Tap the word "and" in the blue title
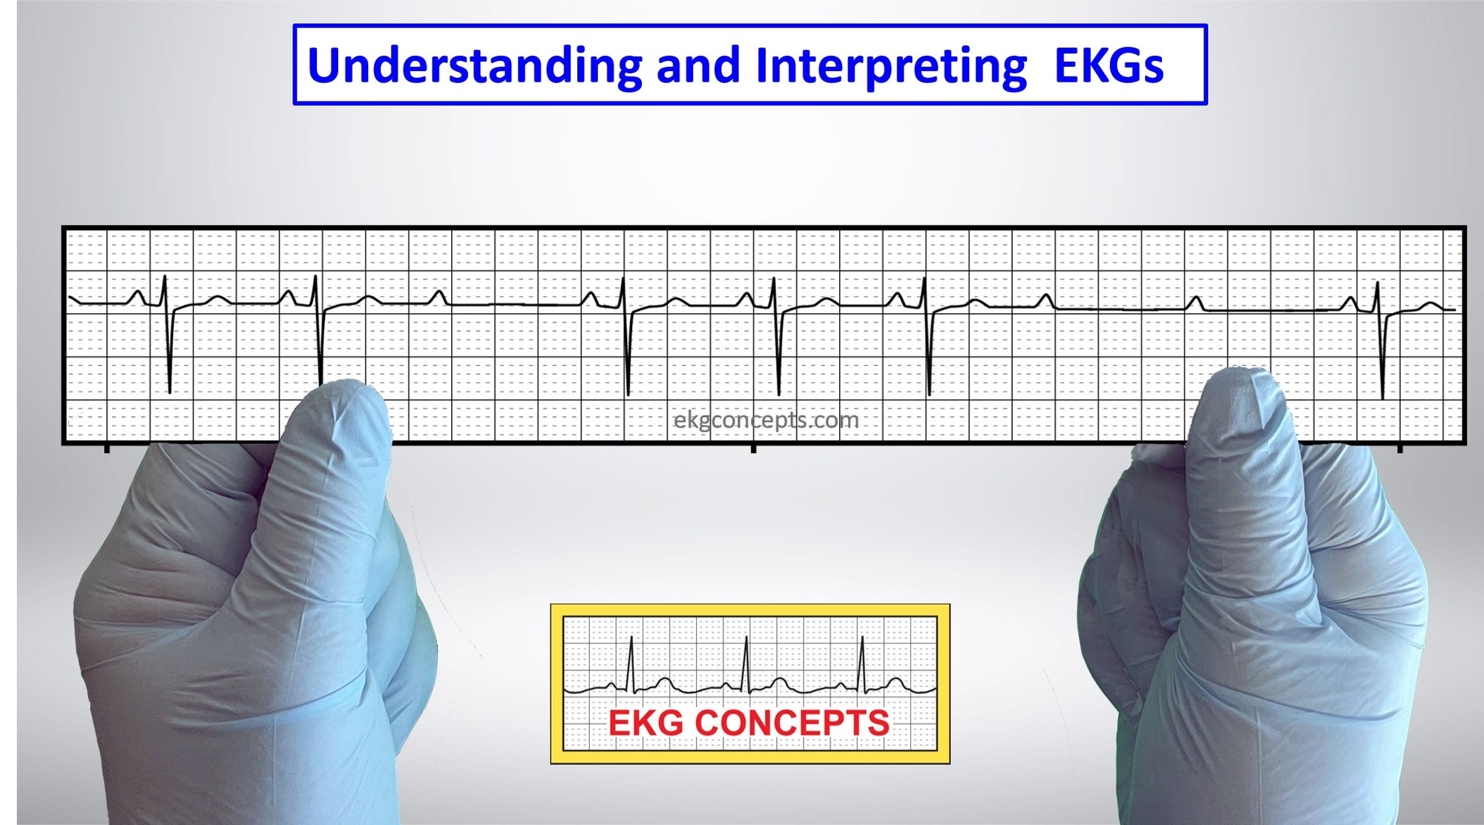(698, 65)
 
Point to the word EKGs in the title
(1109, 65)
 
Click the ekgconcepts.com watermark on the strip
(766, 421)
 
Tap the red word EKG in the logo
(646, 723)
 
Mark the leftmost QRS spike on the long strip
(168, 334)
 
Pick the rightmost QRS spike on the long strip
(1380, 340)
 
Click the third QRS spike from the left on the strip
(626, 336)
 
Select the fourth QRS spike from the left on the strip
(776, 336)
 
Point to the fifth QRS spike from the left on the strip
(927, 336)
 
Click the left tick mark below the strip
(107, 449)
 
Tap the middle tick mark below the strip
(753, 449)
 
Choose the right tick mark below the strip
(1399, 449)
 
